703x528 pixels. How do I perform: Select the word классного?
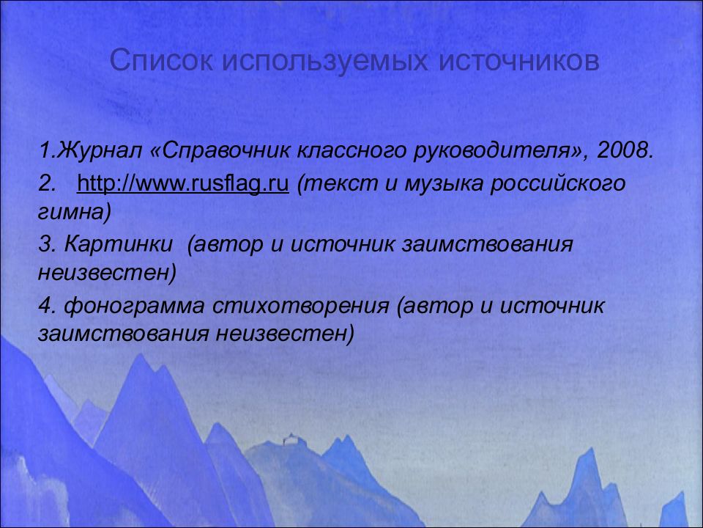point(351,151)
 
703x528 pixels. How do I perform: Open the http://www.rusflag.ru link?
point(183,184)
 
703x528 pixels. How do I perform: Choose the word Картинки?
point(119,244)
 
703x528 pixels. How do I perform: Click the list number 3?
point(46,244)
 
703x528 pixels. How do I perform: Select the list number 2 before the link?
point(46,184)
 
